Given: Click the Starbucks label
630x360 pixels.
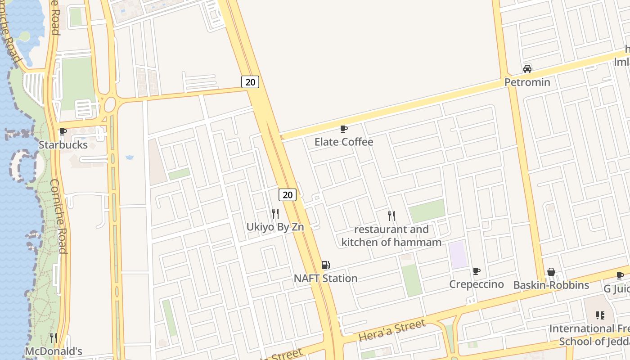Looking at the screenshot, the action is (63, 145).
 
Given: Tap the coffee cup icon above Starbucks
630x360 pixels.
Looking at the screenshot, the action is (63, 132).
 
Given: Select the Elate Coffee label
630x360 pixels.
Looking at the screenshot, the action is (344, 142).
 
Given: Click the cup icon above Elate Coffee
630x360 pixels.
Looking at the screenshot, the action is (344, 129).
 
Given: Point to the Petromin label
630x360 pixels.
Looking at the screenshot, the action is (527, 82).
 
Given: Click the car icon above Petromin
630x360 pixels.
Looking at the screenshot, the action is (527, 69).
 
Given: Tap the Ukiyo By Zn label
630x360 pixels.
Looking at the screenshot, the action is (275, 227).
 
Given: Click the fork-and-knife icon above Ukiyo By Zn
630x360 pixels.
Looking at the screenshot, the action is (275, 213).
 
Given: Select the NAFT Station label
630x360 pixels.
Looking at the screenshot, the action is (325, 279).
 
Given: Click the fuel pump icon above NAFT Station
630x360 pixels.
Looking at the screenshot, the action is (325, 265).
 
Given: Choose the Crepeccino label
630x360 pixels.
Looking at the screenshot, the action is (477, 284).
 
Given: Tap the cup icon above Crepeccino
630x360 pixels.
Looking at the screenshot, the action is (477, 271).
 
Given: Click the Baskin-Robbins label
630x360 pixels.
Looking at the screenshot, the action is (551, 285).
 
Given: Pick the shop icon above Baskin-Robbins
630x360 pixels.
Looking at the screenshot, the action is (551, 272).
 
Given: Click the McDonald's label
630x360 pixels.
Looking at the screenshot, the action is (54, 351).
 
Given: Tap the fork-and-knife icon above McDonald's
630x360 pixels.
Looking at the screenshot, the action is (54, 337).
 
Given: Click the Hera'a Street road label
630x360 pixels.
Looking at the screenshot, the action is (392, 331).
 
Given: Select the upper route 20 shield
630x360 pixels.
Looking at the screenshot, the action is (250, 82).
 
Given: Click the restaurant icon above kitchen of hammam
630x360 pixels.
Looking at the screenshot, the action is (391, 216).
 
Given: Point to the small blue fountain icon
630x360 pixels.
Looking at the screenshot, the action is (130, 157).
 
